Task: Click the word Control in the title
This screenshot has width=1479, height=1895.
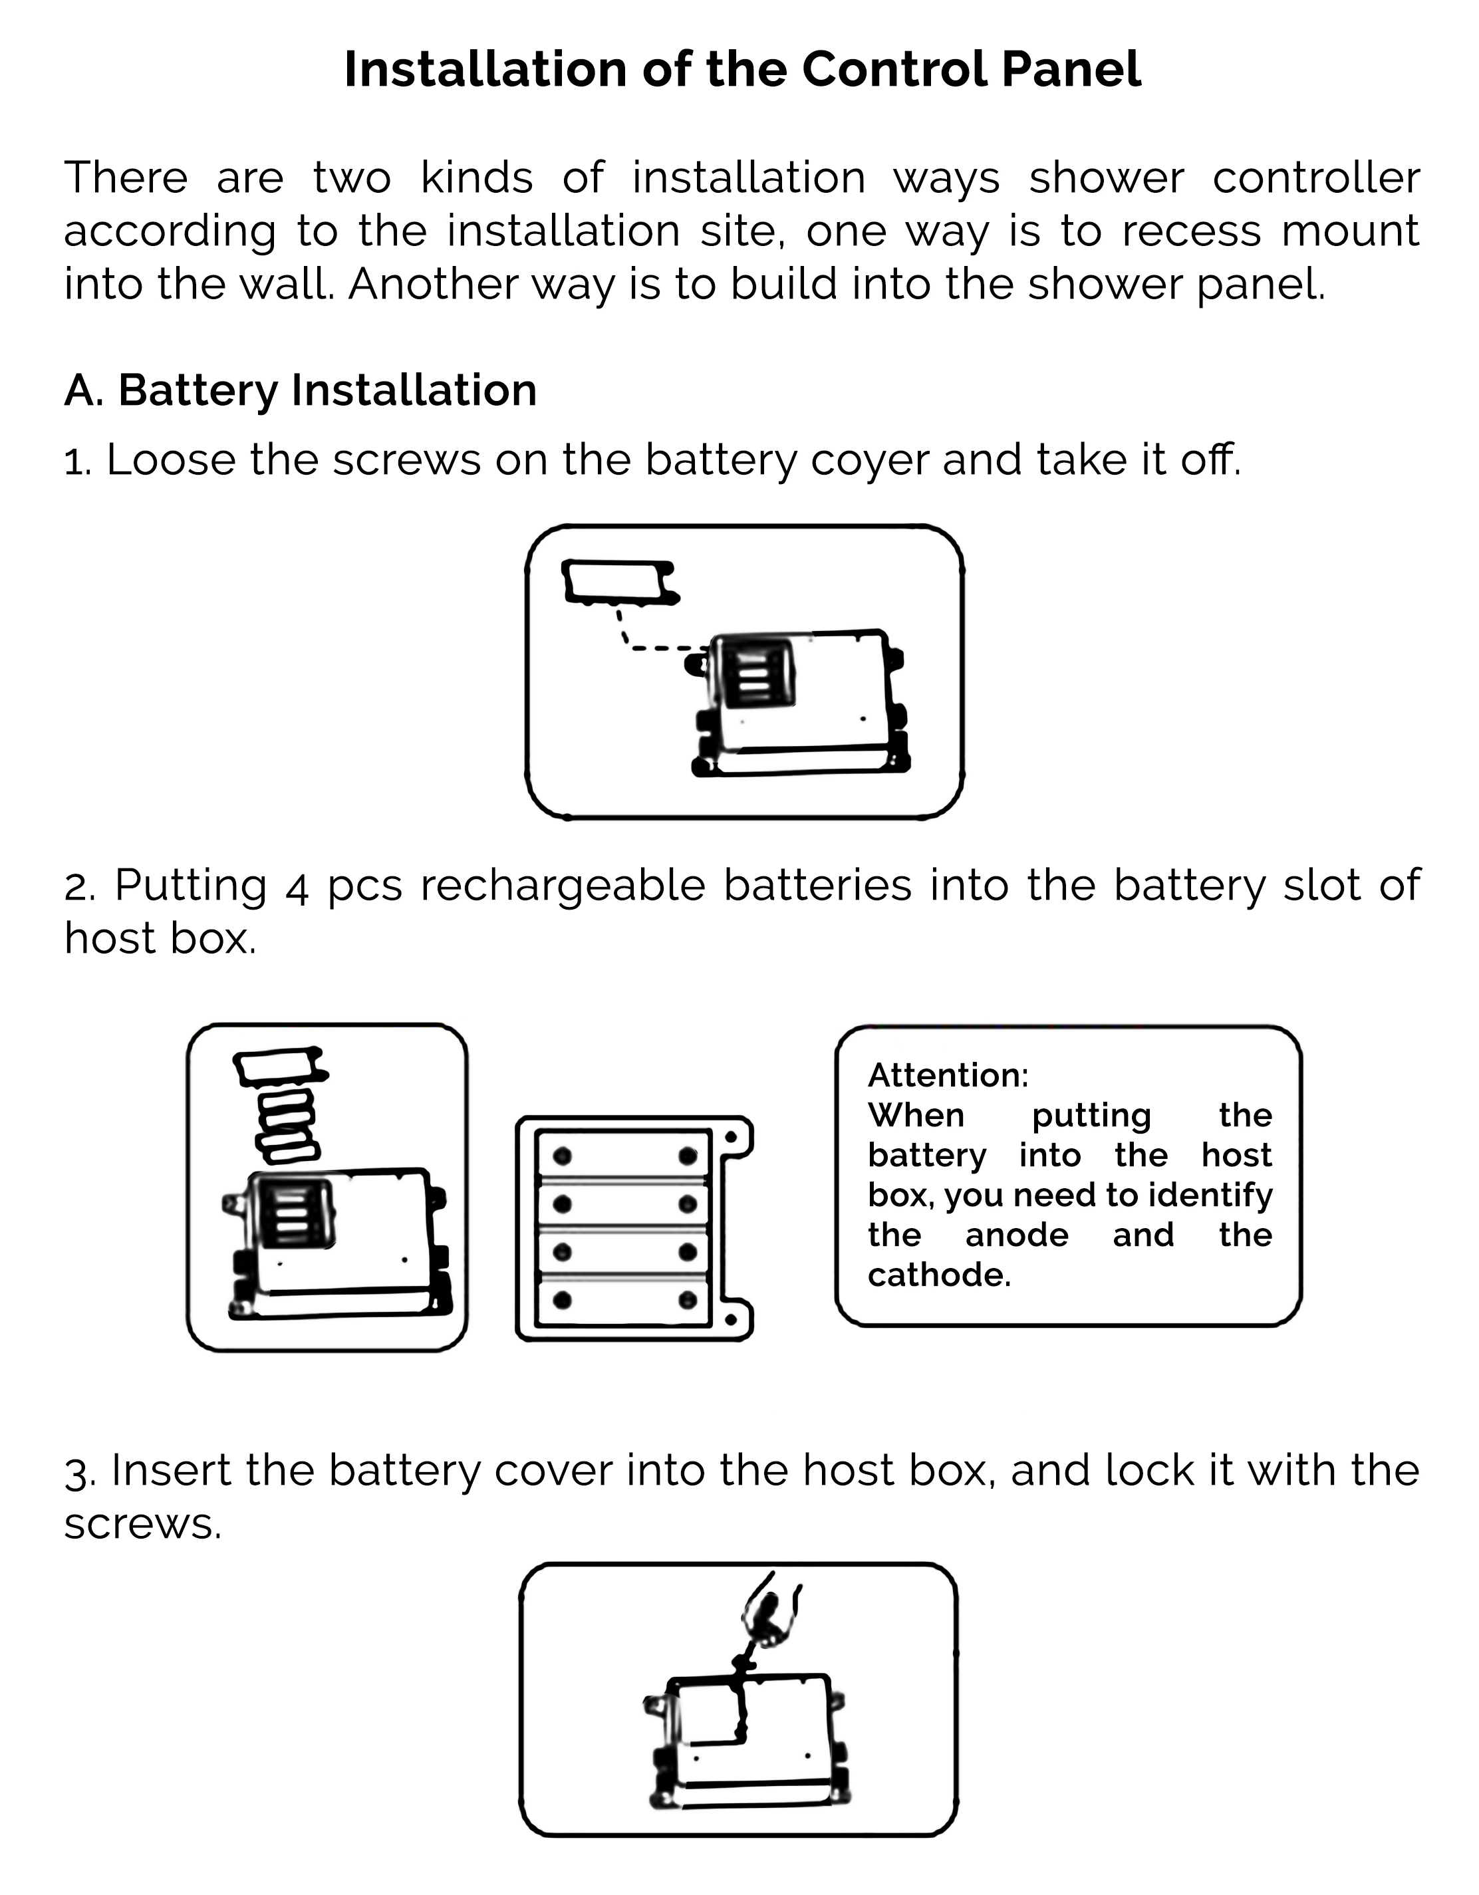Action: [894, 69]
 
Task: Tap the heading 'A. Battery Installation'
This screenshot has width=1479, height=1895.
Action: [301, 390]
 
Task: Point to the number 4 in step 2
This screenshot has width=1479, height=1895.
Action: [297, 887]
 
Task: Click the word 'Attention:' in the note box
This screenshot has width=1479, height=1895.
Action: [948, 1075]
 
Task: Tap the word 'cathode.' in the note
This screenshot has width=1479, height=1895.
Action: [939, 1275]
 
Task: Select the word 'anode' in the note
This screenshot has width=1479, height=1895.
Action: [1016, 1235]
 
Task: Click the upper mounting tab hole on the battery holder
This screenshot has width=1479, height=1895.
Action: [732, 1136]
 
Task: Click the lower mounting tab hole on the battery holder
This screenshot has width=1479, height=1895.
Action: [732, 1319]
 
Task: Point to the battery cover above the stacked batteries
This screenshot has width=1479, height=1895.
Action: [279, 1065]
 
